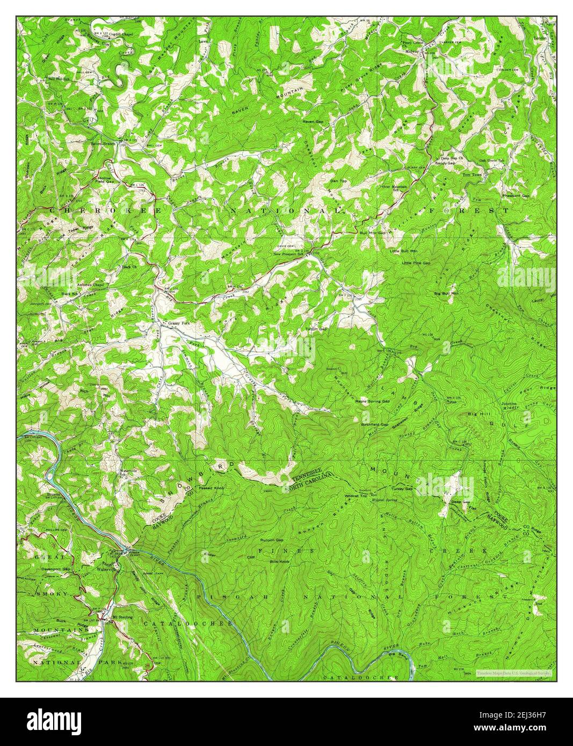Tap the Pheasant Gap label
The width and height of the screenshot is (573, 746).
516,196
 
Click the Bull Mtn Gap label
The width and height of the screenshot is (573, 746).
373,233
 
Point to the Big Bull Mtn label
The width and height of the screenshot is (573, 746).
446,294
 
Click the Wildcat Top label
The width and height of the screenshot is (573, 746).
356,496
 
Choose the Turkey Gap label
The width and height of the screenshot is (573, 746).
402,489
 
